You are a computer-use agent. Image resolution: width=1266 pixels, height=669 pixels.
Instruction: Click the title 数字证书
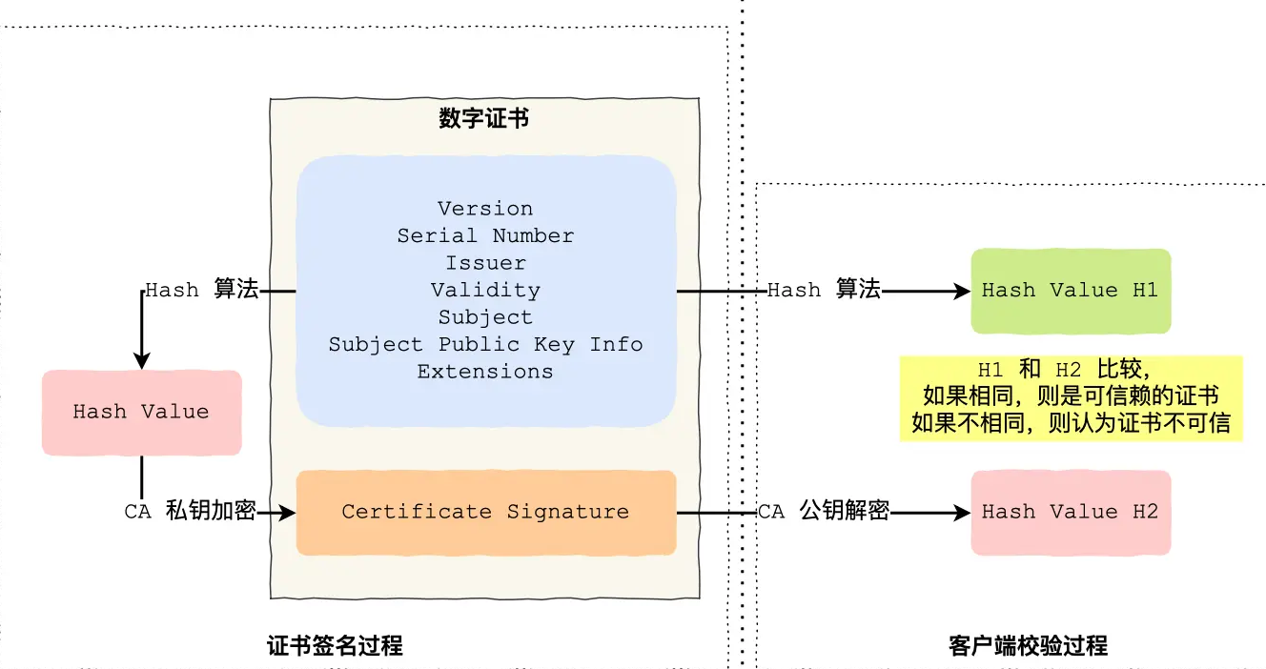click(484, 119)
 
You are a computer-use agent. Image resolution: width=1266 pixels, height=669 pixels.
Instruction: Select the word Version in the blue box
click(485, 209)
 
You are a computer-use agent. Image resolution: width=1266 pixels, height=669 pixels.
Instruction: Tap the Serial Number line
click(485, 235)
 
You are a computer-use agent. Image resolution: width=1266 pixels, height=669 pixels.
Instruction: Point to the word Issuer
click(485, 263)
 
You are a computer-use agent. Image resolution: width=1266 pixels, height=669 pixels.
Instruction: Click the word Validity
click(485, 290)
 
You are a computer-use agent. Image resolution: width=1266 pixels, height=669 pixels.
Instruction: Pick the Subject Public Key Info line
click(485, 344)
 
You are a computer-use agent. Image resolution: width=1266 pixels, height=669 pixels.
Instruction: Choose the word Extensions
click(485, 372)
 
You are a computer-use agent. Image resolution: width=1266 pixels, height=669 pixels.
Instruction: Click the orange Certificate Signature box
click(485, 512)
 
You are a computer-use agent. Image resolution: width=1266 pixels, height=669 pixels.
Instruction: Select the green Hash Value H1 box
click(1070, 291)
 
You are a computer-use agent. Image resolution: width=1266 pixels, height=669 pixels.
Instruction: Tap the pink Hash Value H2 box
click(1070, 513)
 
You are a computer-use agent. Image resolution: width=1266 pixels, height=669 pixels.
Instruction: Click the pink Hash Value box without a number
click(141, 412)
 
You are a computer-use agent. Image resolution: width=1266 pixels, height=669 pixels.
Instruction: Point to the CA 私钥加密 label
click(190, 512)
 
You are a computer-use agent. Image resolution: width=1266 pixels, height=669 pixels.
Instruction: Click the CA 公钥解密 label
click(823, 512)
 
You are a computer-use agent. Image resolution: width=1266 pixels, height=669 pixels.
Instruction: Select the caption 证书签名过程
click(335, 646)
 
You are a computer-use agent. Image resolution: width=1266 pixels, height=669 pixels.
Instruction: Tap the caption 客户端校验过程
click(1028, 646)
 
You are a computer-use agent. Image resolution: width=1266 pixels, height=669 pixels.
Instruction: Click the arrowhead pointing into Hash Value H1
click(963, 291)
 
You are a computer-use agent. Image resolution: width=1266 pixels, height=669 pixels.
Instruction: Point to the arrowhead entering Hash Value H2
click(963, 513)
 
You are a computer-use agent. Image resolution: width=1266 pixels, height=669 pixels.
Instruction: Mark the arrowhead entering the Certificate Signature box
click(288, 513)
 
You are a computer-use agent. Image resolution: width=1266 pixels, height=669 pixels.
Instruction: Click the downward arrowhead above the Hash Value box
click(142, 361)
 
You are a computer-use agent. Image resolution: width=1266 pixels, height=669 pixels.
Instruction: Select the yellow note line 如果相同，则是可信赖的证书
click(1071, 395)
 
